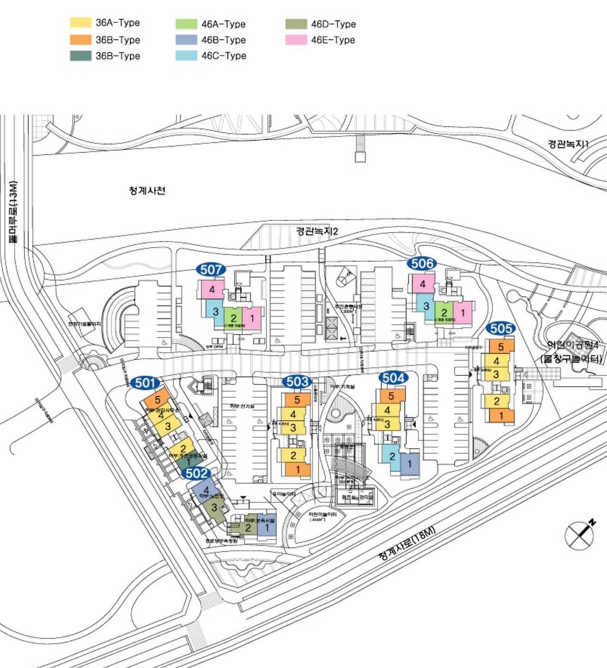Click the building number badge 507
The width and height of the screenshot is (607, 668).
211,270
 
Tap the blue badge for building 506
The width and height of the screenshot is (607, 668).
422,264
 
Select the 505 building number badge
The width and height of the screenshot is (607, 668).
501,328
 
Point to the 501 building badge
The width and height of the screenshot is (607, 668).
145,383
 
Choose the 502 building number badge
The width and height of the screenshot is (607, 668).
197,473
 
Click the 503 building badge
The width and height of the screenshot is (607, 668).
297,381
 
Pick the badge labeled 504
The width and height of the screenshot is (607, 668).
394,378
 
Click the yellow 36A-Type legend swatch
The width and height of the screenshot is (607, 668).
81,22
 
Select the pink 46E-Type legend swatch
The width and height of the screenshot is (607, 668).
296,40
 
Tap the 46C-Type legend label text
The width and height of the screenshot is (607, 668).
223,56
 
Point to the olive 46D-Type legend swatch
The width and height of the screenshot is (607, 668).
296,24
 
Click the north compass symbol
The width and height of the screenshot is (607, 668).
580,535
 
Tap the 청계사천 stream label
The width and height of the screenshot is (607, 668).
147,191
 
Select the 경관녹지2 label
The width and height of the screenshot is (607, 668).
317,231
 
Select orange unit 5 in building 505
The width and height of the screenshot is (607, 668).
501,347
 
